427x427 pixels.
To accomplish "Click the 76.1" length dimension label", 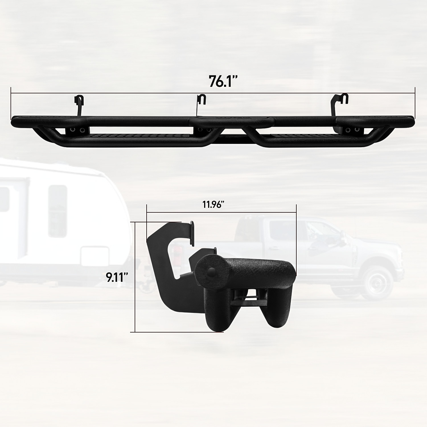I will (x=223, y=81).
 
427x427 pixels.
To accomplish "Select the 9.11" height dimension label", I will (x=117, y=277).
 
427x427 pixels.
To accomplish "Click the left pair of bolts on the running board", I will (x=77, y=130).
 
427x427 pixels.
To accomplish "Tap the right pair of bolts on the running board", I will (x=352, y=130).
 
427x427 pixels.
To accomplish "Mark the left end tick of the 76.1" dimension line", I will (x=11, y=103).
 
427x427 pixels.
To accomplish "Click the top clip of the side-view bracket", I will (x=192, y=233).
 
